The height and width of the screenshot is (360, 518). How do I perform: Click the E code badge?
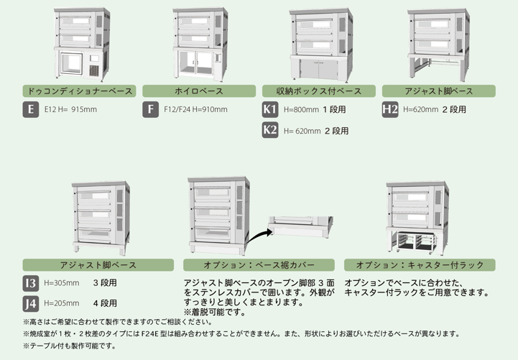(31, 109)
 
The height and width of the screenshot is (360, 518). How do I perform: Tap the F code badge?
(151, 109)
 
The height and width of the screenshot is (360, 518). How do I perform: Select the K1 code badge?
(270, 109)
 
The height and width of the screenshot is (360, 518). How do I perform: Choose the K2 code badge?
(270, 130)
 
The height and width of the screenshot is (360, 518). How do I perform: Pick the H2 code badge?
(390, 109)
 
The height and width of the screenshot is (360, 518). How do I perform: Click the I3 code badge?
(31, 283)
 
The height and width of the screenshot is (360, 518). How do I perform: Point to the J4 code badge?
(31, 304)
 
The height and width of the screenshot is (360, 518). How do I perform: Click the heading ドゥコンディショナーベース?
(79, 91)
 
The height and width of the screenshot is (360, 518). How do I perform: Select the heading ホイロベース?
(199, 91)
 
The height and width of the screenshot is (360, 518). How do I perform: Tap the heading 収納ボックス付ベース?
(319, 91)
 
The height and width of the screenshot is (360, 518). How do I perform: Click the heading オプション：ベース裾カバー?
(259, 265)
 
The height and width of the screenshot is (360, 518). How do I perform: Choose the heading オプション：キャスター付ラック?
(420, 265)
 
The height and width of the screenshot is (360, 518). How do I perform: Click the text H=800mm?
(301, 110)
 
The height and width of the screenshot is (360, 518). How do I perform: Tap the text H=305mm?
(62, 283)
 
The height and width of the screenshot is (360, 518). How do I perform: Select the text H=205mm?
(62, 303)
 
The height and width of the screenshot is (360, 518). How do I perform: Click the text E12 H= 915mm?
(70, 110)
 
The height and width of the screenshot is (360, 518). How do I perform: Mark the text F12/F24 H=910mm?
(195, 110)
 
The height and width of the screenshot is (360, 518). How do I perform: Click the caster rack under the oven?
(415, 242)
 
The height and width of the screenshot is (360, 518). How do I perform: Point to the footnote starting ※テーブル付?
(70, 346)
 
